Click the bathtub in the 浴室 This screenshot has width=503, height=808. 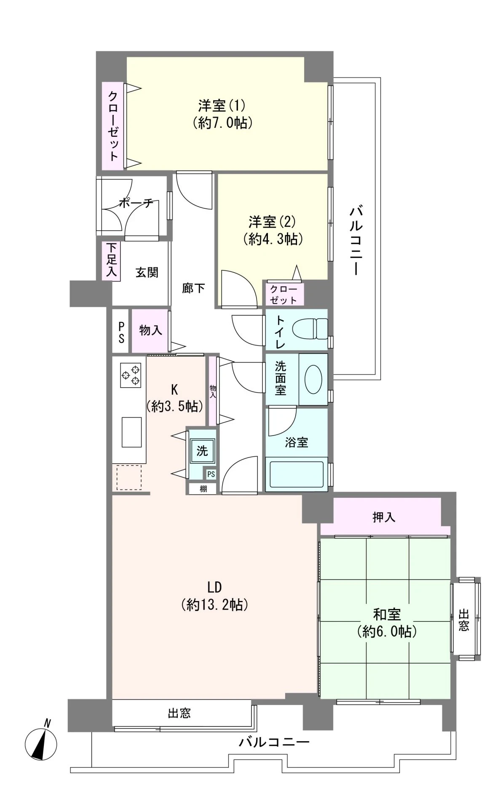click(296, 476)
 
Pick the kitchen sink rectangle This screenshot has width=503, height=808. click(132, 432)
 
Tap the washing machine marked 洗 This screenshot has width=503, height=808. click(202, 451)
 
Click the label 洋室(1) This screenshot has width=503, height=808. click(222, 104)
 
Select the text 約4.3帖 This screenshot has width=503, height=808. click(273, 239)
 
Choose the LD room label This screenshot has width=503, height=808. click(214, 586)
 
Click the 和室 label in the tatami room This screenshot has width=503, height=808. click(387, 614)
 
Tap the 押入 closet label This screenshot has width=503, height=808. click(384, 517)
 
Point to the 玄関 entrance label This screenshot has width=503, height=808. click(147, 272)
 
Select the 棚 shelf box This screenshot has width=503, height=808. click(203, 489)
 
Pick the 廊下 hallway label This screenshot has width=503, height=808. click(193, 288)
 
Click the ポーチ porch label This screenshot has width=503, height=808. click(136, 203)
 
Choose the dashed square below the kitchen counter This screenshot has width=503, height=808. click(129, 477)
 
